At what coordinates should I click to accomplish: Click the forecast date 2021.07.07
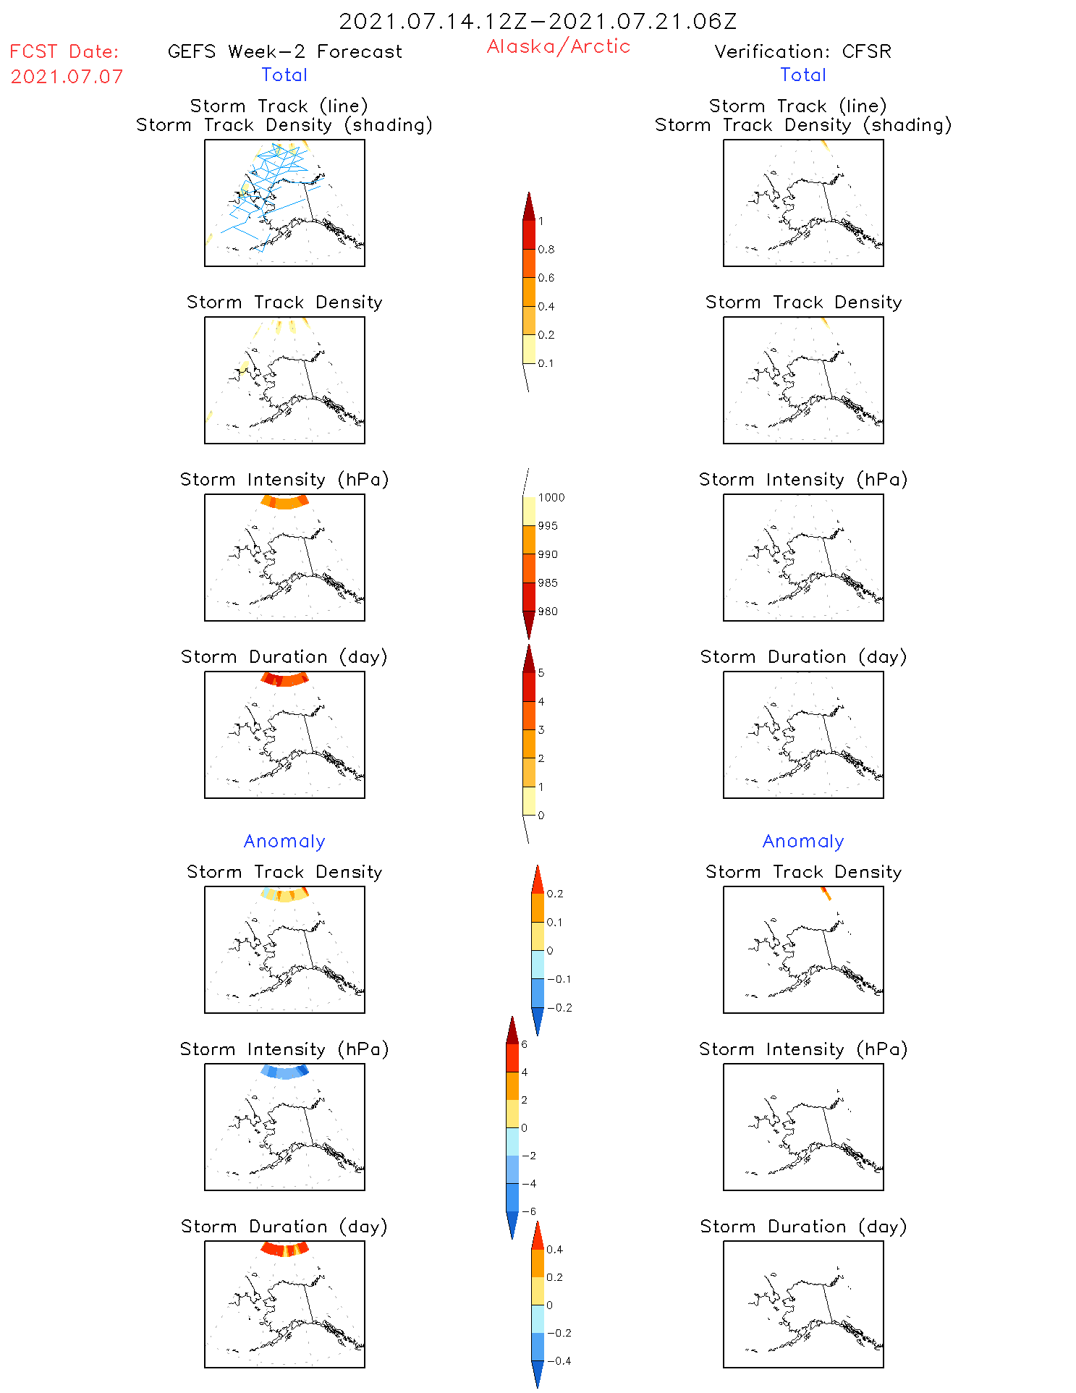67,77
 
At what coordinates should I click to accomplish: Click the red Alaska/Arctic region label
558,46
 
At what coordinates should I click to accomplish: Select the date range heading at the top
538,22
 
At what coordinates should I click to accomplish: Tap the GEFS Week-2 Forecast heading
284,51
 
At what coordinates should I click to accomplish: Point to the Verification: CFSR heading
802,51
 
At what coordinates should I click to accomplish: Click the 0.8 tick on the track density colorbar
546,250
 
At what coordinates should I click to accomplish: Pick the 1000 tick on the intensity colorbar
551,498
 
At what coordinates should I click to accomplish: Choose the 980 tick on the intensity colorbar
548,611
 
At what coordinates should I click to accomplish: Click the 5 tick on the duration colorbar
541,673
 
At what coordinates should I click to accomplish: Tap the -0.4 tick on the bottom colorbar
559,1361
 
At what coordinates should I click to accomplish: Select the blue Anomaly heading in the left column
284,841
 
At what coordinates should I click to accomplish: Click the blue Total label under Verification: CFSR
802,75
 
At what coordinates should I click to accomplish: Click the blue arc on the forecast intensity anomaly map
284,1072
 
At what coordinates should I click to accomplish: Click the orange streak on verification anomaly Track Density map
826,894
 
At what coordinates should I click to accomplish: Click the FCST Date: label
64,51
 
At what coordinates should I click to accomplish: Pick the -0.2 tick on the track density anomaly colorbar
559,1008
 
